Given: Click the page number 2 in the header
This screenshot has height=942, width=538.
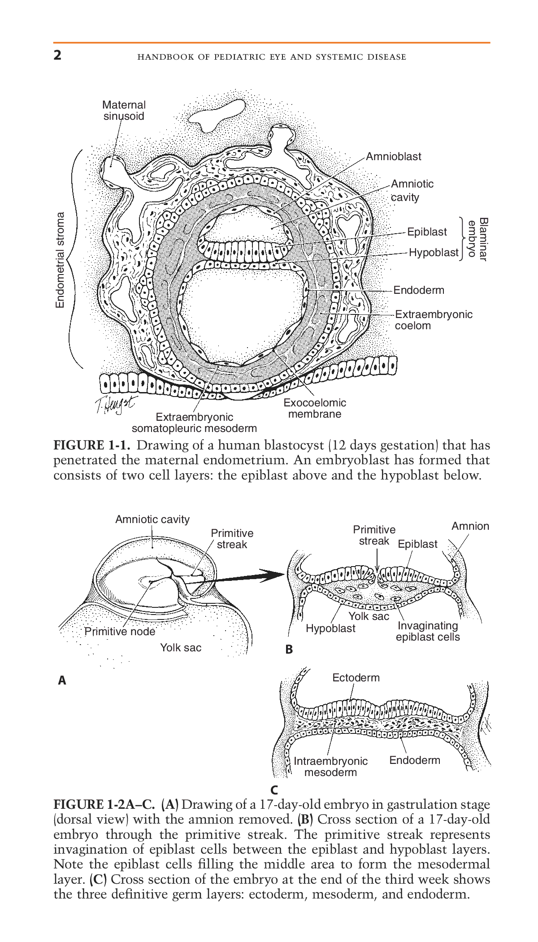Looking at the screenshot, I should click(57, 55).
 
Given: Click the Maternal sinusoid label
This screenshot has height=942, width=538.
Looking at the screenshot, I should click(124, 110).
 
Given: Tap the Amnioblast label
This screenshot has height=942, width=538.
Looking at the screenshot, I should click(393, 157).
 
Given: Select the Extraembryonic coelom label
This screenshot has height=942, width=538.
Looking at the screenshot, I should click(433, 320).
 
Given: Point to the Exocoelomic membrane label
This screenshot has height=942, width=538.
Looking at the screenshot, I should click(314, 408).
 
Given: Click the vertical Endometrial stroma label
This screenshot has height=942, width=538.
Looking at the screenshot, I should click(60, 260).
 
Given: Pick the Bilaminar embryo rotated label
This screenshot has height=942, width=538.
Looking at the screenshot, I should click(477, 239).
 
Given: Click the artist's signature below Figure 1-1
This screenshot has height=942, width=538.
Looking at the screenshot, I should click(114, 403).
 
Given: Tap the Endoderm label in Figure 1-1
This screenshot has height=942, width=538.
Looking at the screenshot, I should click(419, 290).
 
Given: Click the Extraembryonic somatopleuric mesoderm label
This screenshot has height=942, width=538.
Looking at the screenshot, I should click(194, 423).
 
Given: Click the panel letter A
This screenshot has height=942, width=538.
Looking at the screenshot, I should click(62, 680).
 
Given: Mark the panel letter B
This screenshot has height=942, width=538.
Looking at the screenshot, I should click(289, 649).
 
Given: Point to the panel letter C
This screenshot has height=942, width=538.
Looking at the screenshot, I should click(274, 790).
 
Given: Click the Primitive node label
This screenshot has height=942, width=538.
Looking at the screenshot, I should click(120, 632).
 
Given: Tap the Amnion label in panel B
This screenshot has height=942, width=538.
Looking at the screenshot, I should click(470, 526).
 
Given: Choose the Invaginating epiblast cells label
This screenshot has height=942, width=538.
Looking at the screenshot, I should click(427, 631).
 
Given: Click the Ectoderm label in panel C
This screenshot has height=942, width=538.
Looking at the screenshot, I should click(356, 677).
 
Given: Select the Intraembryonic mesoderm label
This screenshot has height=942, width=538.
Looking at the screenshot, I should click(330, 767).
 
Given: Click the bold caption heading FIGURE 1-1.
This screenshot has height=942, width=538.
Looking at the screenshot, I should click(92, 445).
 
